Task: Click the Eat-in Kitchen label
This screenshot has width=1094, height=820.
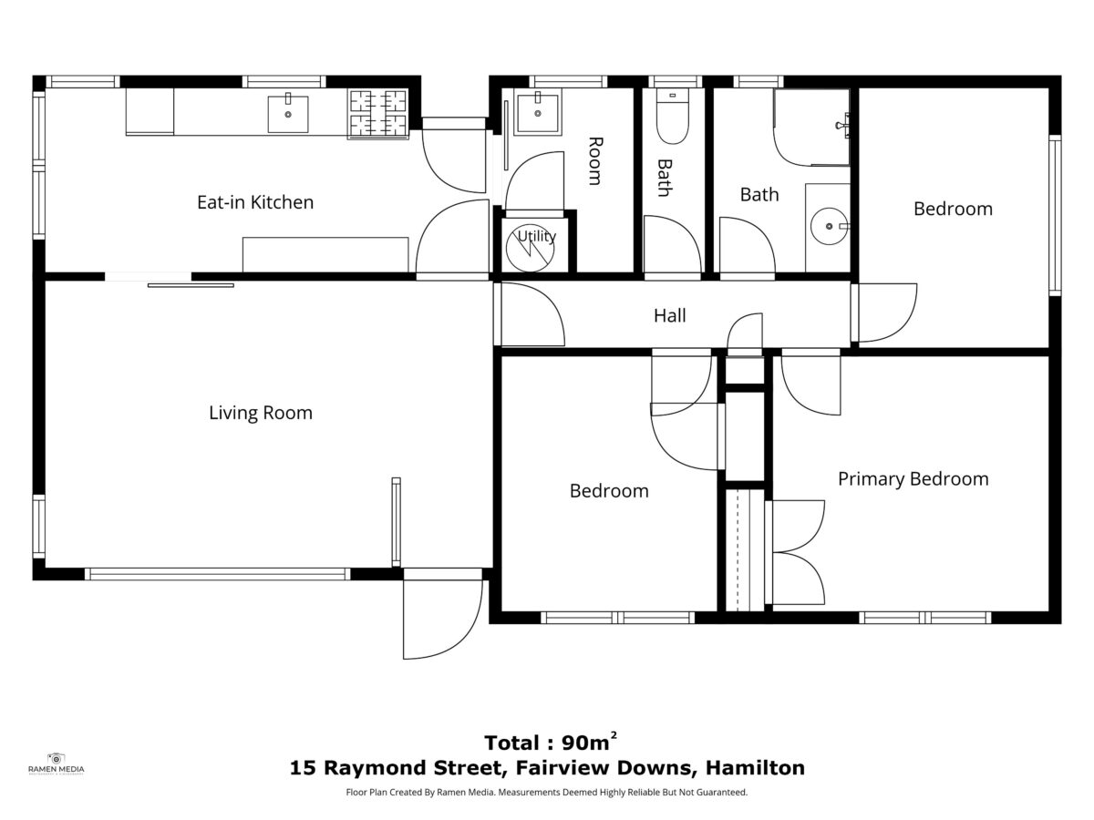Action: pos(255,202)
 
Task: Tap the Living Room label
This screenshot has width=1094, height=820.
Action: pos(260,413)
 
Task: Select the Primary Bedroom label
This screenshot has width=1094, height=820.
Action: pos(913,479)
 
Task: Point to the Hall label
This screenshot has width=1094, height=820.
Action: pos(669,315)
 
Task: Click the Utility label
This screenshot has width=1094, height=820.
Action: pos(536,236)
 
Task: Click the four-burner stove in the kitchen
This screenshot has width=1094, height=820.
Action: pos(377,114)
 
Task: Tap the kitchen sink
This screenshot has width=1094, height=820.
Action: pos(287,114)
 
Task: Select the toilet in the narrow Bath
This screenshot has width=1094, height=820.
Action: pos(672,117)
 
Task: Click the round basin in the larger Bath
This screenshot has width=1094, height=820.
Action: pos(829,226)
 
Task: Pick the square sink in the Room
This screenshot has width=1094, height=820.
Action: pos(537,112)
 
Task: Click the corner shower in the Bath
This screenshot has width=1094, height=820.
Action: pos(811,128)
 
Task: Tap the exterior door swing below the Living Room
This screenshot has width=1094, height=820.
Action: pos(441,619)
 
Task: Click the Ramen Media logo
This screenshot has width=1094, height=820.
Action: pos(57,764)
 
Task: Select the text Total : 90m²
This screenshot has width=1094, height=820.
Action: pos(551,743)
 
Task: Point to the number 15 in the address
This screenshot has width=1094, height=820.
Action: pos(302,768)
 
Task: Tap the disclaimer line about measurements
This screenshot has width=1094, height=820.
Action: pos(547,792)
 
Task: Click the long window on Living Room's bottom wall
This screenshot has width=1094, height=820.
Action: pos(217,574)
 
